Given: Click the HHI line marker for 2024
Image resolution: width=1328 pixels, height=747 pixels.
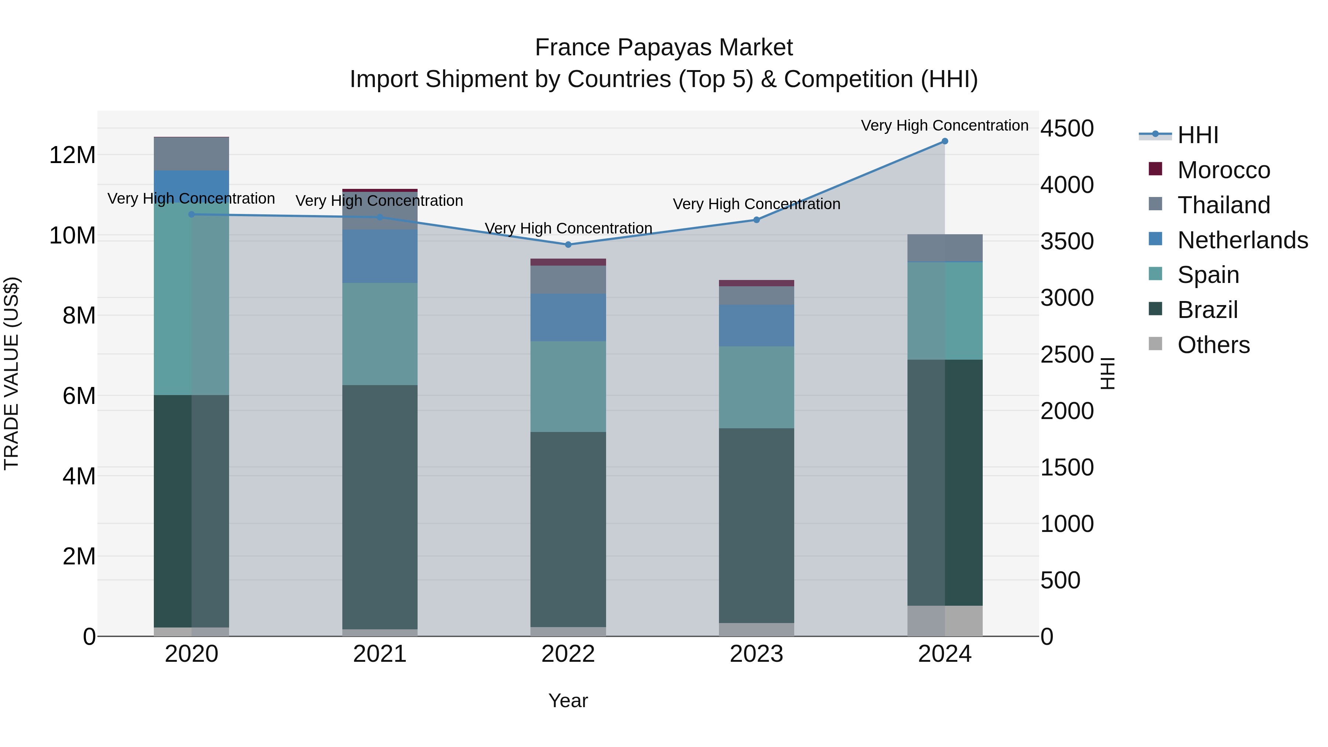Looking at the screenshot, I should [x=944, y=141].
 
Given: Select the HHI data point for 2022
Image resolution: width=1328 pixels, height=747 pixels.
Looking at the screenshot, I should [x=568, y=244].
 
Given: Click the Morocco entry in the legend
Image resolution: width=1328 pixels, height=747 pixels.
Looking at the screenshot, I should [x=1223, y=170].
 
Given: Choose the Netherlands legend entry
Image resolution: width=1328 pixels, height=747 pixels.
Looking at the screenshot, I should [x=1242, y=240].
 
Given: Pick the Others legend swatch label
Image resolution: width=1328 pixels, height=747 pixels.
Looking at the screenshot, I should [x=1214, y=345].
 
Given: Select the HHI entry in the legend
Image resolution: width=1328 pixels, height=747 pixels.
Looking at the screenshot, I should [x=1197, y=135].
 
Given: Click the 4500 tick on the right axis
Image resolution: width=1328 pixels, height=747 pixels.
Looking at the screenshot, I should [x=1066, y=128].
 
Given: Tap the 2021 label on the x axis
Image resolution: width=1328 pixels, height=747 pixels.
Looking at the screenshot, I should [x=380, y=654].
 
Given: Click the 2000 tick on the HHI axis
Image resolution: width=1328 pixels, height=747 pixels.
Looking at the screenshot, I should [x=1066, y=411].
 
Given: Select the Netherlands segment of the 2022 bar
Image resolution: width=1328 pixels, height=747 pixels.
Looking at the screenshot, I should [x=568, y=318].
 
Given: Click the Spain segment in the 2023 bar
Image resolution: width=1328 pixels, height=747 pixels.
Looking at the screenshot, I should [x=756, y=387].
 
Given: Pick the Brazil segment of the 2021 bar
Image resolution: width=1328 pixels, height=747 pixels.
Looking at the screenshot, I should [x=380, y=507].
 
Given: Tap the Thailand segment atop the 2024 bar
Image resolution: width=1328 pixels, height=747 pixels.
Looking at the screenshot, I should [x=944, y=248].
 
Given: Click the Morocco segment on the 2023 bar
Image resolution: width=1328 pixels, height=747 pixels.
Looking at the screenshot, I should [x=756, y=283].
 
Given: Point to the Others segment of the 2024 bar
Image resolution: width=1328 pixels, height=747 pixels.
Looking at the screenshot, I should [x=944, y=621].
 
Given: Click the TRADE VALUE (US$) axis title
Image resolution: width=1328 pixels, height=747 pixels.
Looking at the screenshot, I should [x=11, y=373].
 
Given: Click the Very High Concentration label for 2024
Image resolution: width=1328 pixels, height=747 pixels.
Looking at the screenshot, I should [x=944, y=126].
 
